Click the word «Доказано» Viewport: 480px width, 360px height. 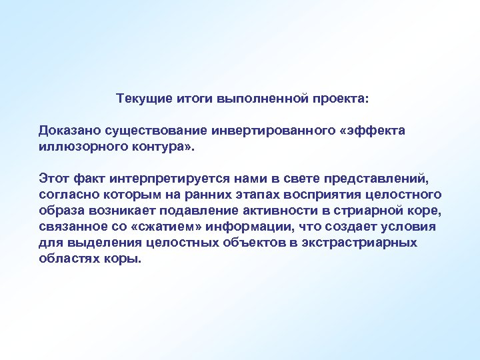(x=67, y=130)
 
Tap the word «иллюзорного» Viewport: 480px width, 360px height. (x=73, y=145)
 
